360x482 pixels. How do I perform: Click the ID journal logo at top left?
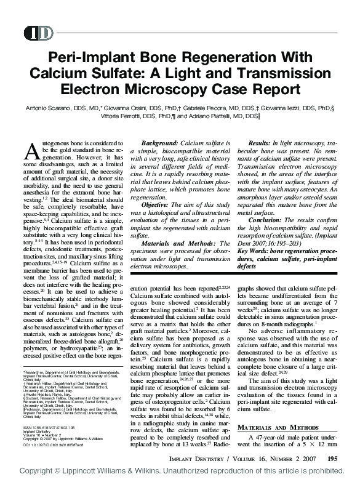38,33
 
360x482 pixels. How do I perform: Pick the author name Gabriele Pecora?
217,108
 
